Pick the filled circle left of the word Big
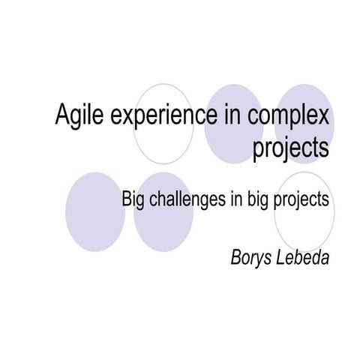(x=94, y=212)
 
